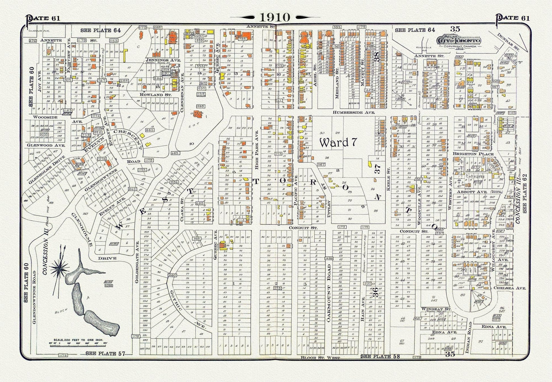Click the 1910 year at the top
coord(275,17)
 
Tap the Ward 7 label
coord(338,143)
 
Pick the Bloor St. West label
coord(320,358)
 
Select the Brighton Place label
coord(473,154)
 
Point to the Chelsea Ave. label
coord(510,288)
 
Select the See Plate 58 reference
coord(380,356)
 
